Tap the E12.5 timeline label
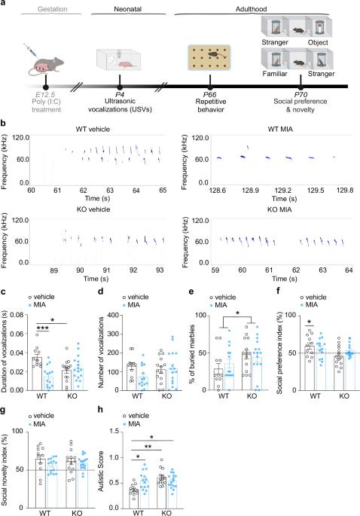tap(46, 95)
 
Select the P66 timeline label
tap(210, 95)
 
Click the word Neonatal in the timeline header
tap(128, 9)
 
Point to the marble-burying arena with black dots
tap(209, 57)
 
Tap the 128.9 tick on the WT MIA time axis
tap(250, 191)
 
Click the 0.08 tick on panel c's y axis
tap(17, 316)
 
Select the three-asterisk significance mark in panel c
tap(42, 328)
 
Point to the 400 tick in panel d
tap(112, 316)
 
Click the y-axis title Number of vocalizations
tap(101, 352)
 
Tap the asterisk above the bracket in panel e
tap(237, 313)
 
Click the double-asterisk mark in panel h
tap(148, 447)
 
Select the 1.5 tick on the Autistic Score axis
tap(114, 432)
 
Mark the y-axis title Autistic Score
tap(101, 471)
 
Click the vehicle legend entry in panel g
tap(41, 416)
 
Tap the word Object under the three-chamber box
tap(318, 42)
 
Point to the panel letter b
tap(3, 124)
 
